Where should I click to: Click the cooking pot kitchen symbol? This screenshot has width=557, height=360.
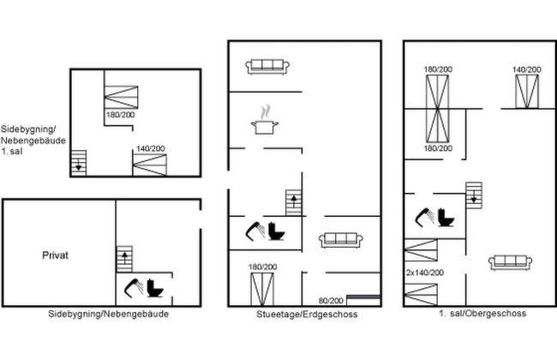(x=264, y=120)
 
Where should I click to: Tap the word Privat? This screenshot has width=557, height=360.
(x=55, y=255)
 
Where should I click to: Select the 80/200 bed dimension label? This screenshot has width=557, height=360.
(x=331, y=301)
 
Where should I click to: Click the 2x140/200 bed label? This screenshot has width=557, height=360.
(x=425, y=273)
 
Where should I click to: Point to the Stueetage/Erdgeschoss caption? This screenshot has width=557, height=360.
(x=307, y=315)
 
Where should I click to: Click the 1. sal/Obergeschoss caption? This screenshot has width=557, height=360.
(x=482, y=313)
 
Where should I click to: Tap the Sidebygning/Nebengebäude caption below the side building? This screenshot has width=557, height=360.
(x=108, y=314)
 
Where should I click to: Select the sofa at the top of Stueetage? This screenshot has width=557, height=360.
(x=267, y=67)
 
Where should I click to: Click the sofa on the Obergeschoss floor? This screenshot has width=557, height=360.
(x=510, y=262)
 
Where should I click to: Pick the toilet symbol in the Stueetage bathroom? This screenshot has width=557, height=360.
(x=276, y=231)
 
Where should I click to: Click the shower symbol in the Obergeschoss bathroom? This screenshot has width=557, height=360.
(x=425, y=217)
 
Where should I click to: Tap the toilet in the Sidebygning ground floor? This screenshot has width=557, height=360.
(x=155, y=288)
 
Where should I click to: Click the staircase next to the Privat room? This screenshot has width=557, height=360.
(x=124, y=259)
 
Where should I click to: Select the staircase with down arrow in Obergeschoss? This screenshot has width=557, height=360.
(x=474, y=195)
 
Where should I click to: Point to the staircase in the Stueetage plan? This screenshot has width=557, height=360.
(x=294, y=202)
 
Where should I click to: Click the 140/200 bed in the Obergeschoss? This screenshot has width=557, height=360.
(x=527, y=92)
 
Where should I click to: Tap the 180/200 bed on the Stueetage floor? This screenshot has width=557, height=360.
(x=262, y=289)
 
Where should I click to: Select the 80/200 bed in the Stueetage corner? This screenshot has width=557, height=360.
(x=363, y=300)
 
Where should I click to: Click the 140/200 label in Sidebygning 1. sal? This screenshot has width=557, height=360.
(x=151, y=148)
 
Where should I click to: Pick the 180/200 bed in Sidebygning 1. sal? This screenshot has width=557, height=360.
(x=121, y=97)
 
